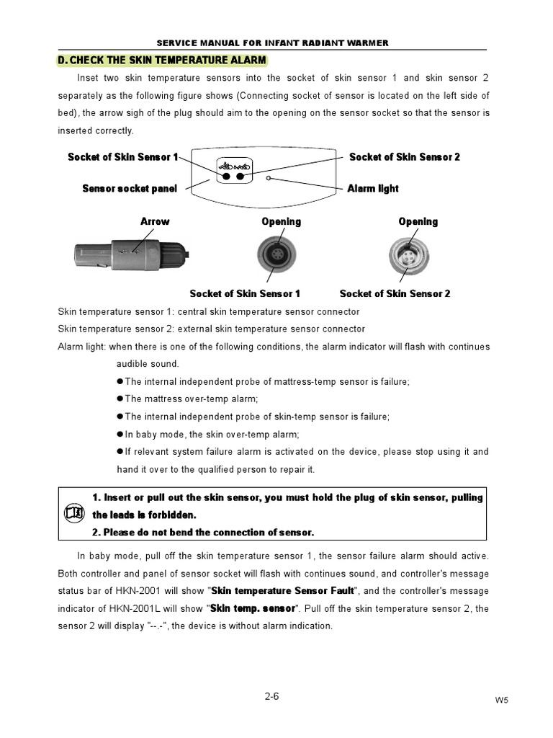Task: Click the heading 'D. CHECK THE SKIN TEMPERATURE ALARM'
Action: (x=161, y=60)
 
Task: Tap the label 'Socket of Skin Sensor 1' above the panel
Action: (x=122, y=157)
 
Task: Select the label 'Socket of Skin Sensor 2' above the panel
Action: (x=404, y=157)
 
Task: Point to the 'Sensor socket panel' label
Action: (x=129, y=189)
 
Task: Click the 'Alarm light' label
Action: (x=372, y=189)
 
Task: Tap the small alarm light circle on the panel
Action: (x=269, y=178)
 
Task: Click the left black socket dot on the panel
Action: (x=226, y=176)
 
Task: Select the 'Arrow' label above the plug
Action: (x=155, y=221)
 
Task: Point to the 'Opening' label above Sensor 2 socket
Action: (x=418, y=221)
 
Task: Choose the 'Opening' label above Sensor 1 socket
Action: (x=281, y=221)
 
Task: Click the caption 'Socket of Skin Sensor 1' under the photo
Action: (x=245, y=293)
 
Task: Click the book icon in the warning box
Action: (x=74, y=513)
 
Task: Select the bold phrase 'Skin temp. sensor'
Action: (x=253, y=608)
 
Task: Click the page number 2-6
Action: (x=273, y=696)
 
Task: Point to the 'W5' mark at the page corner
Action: (x=501, y=701)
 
